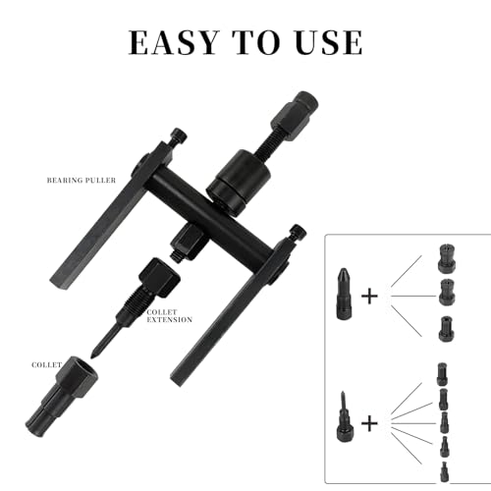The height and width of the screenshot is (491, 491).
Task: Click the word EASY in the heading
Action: [173, 42]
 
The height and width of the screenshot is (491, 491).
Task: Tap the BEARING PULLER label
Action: [82, 181]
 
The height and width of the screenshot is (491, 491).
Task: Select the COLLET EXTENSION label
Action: [169, 316]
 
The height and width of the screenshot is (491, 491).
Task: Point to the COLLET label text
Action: [46, 365]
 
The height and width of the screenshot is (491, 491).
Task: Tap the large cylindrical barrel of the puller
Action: [239, 183]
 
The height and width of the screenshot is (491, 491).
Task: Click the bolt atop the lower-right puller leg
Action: [298, 234]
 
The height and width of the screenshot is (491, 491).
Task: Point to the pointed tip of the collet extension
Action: [92, 356]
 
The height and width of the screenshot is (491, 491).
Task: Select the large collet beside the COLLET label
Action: [62, 397]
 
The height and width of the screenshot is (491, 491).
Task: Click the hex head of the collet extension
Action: [159, 275]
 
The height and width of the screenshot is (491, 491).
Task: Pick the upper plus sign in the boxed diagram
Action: [369, 297]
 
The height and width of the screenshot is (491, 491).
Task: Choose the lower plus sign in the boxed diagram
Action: [369, 424]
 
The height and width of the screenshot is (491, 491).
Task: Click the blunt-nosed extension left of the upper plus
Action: [344, 294]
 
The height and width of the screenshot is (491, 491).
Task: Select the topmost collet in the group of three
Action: [447, 258]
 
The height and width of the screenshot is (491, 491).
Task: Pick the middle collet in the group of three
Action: [447, 293]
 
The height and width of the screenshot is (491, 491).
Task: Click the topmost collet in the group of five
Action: [442, 373]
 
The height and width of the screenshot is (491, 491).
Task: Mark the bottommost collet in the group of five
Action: [444, 471]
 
